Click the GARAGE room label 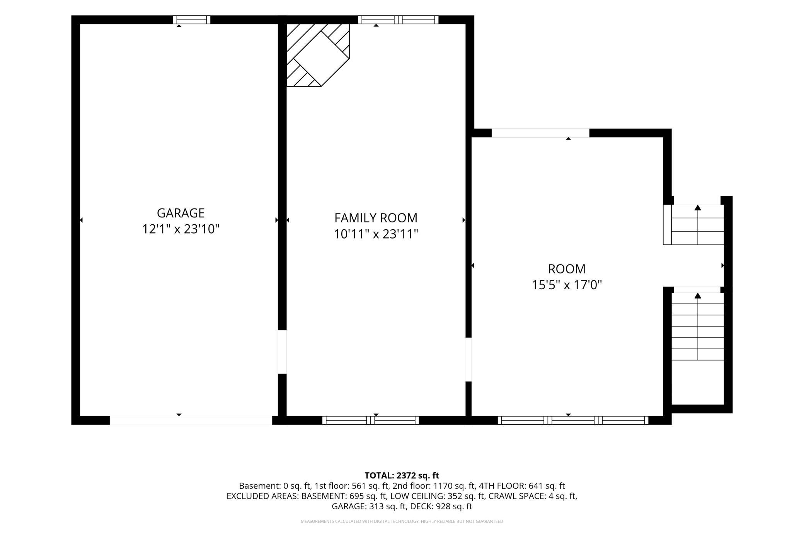pos(181,213)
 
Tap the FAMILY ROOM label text pos(376,218)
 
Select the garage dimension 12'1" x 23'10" pos(181,229)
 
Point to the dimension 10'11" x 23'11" pos(376,234)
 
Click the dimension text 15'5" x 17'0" pos(567,285)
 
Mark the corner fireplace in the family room pos(318,55)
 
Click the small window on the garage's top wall pos(192,20)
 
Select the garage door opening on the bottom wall pos(191,420)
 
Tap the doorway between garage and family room pos(282,352)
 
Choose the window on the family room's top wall pos(398,20)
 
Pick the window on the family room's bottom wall pos(371,420)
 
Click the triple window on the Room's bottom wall pos(573,420)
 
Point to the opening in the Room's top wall pos(540,133)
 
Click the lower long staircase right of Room pos(697,326)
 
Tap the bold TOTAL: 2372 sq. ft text pos(402,475)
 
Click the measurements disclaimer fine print pos(402,521)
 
